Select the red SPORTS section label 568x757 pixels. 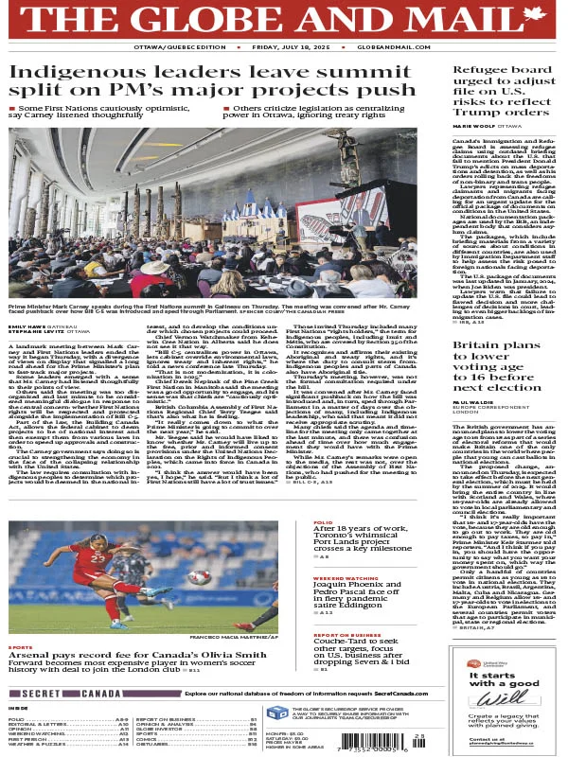coord(19,595)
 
